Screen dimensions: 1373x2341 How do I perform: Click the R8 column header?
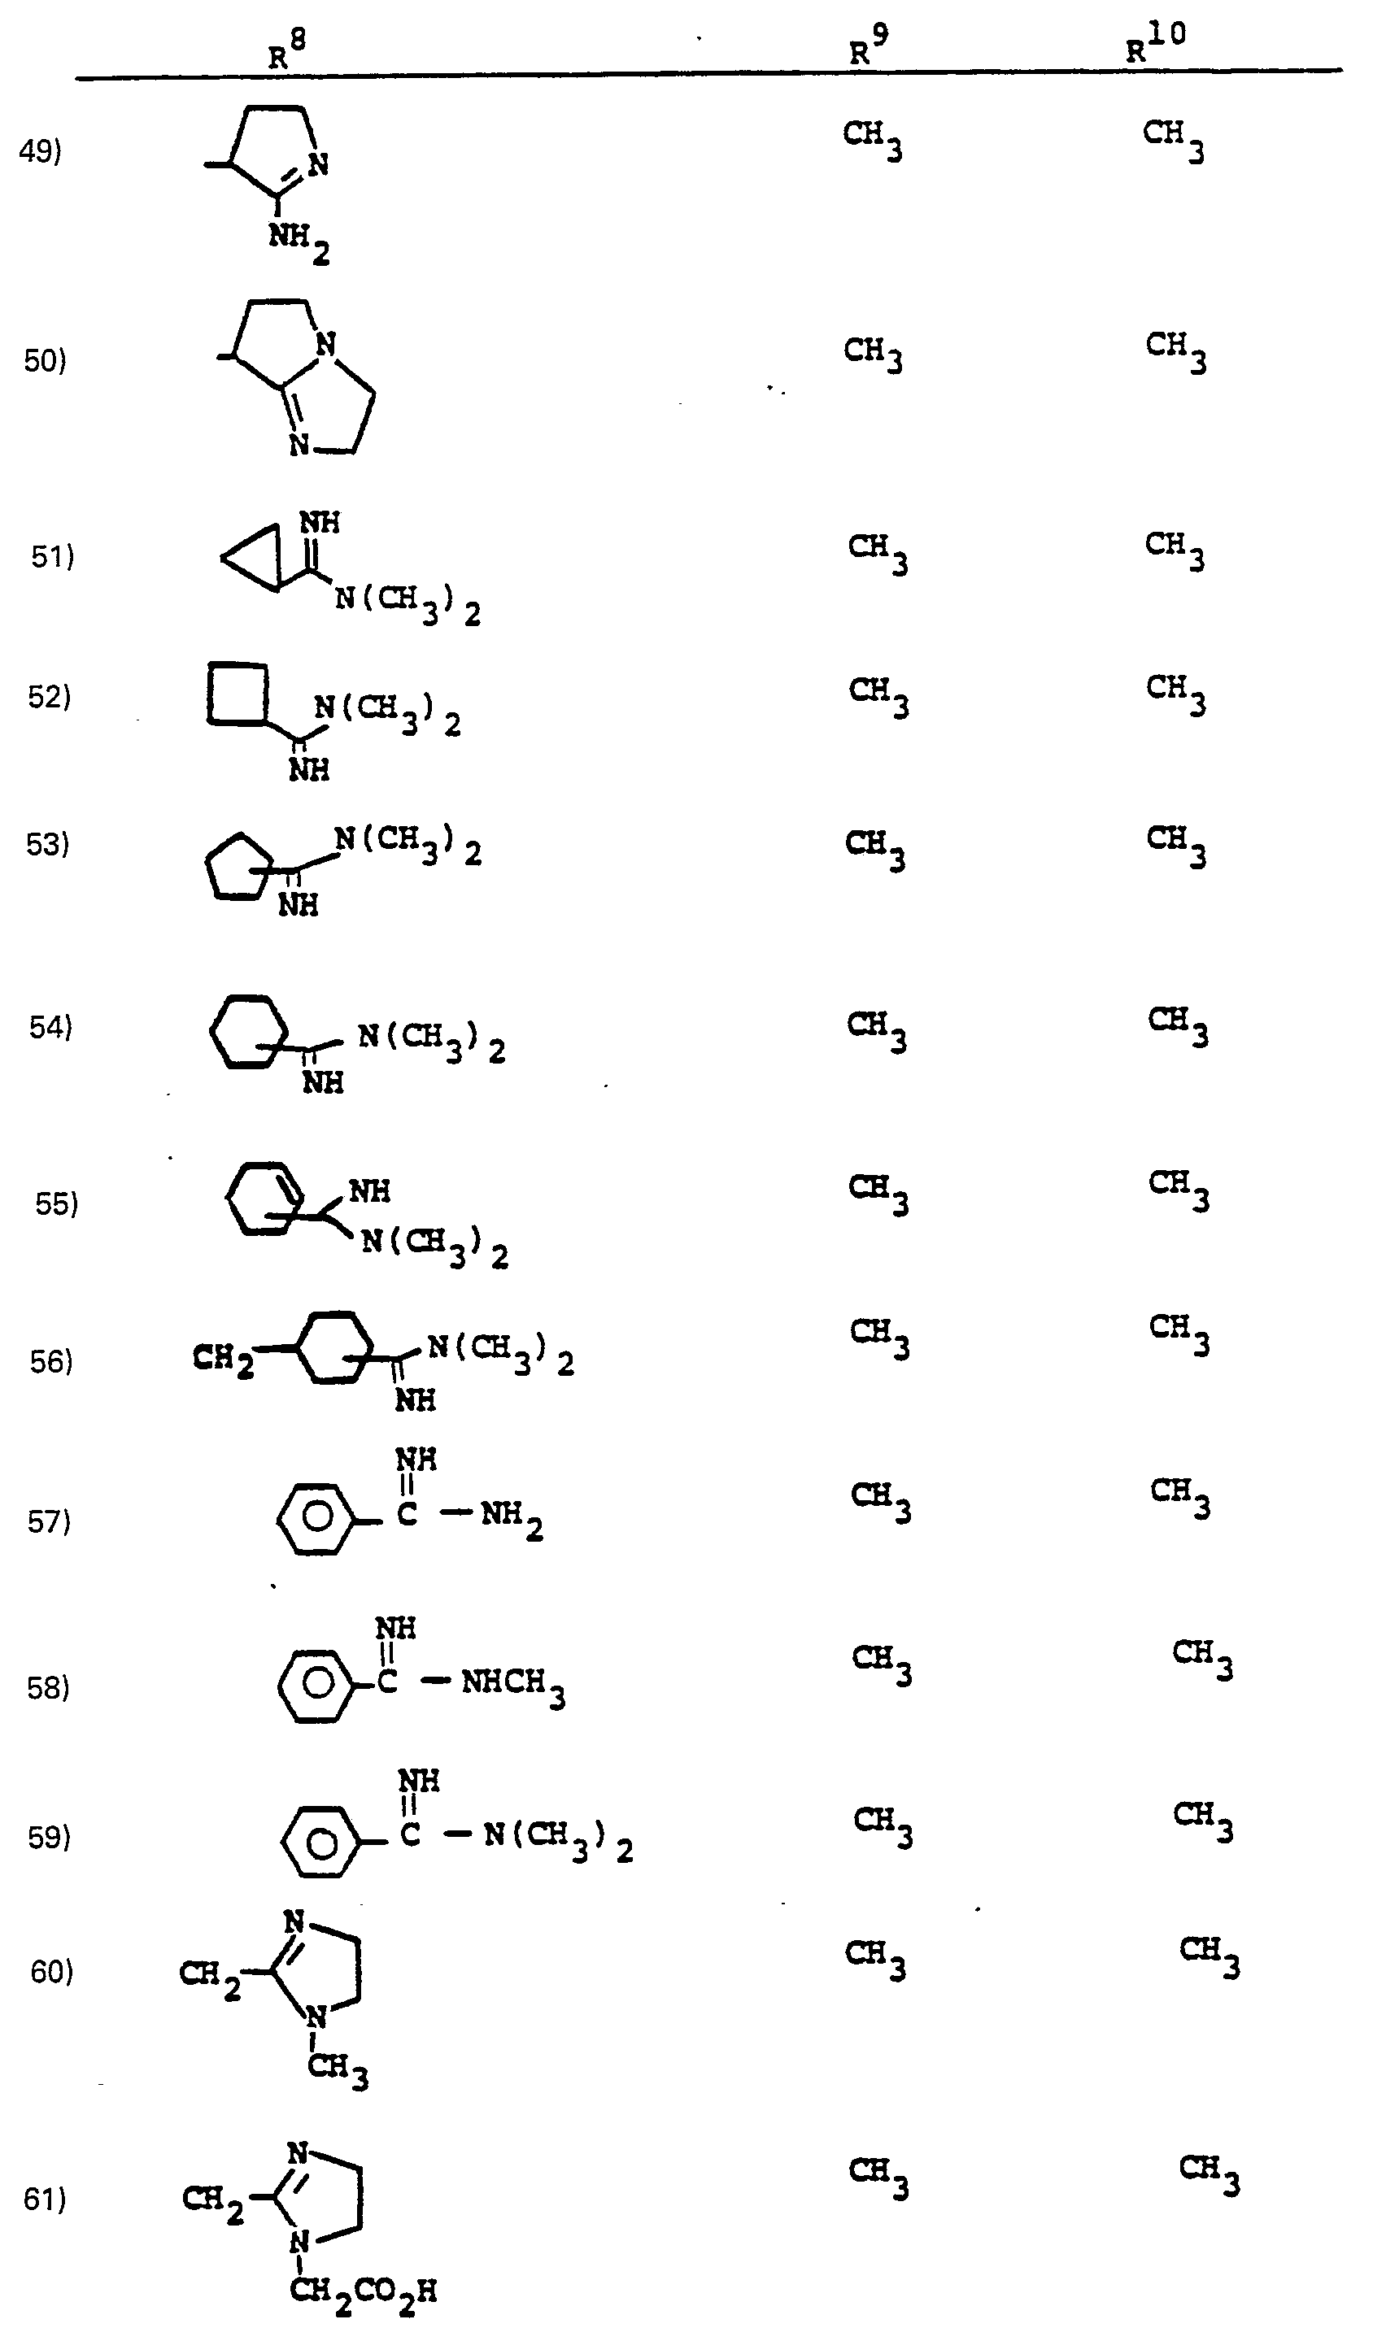tap(287, 48)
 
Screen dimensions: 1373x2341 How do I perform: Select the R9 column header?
tap(869, 45)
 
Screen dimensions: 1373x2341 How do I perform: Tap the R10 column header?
tap(1156, 43)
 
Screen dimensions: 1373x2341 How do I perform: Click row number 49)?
tap(40, 150)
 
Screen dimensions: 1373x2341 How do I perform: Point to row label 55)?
tap(57, 1204)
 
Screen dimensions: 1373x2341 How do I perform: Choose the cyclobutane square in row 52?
tap(238, 692)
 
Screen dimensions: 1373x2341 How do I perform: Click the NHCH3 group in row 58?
tap(512, 1684)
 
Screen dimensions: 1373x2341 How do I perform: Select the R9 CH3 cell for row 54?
tap(876, 1031)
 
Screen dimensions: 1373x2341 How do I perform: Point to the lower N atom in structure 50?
tap(299, 445)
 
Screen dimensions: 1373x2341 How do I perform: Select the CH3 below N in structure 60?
tap(338, 2072)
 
